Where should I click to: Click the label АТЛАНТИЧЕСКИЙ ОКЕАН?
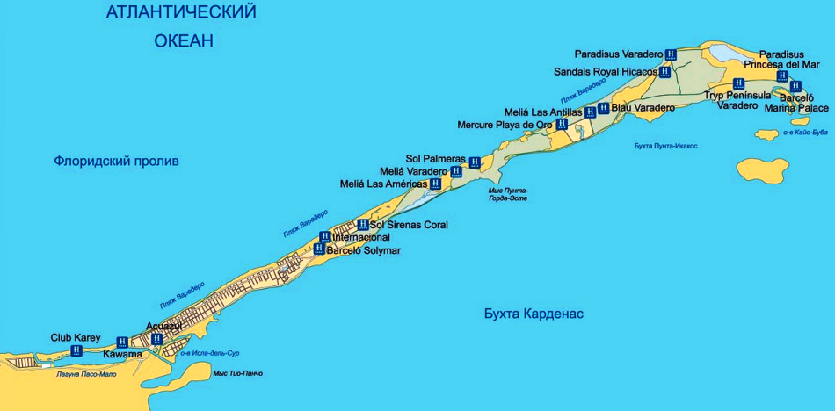[x=180, y=25]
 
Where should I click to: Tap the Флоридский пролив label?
[x=116, y=162]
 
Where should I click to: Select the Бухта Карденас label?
[x=534, y=314]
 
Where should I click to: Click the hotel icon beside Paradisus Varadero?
[x=672, y=54]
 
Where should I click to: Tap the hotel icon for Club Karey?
[x=76, y=350]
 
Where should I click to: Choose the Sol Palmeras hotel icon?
[x=475, y=162]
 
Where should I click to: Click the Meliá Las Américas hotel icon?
[x=435, y=184]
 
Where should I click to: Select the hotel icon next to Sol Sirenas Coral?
[x=363, y=225]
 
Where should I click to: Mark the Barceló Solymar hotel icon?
[x=319, y=249]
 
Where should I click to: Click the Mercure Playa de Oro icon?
[x=562, y=125]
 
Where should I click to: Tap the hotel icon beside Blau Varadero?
[x=603, y=108]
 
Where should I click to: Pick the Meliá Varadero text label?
[x=413, y=171]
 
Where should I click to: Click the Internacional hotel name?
[x=360, y=237]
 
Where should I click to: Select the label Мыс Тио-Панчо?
[x=237, y=373]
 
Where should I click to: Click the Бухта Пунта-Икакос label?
[x=665, y=146]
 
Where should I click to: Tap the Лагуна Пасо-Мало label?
[x=86, y=373]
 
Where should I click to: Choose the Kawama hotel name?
[x=122, y=355]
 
